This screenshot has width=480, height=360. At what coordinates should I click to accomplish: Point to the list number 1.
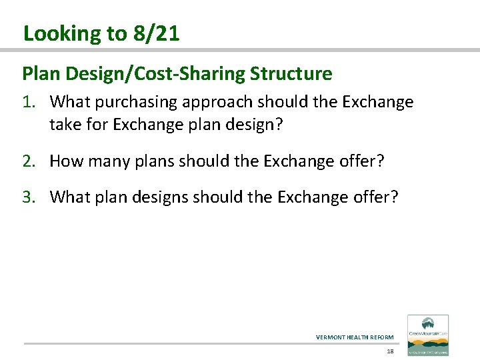point(29,102)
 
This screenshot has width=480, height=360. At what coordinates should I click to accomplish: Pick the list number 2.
point(29,161)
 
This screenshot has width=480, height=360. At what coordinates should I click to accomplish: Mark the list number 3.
point(29,197)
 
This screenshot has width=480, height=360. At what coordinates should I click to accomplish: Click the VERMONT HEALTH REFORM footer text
point(355,337)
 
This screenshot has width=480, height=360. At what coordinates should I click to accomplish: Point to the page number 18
point(391,351)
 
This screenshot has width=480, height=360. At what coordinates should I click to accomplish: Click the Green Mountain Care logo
point(428,335)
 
